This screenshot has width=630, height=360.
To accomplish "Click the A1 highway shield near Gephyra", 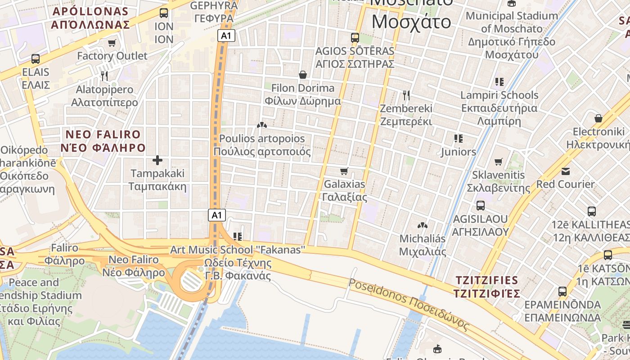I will click(x=226, y=36).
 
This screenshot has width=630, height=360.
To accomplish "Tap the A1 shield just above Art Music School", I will click(x=216, y=215).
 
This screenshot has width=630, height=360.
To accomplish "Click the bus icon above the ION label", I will click(x=164, y=13).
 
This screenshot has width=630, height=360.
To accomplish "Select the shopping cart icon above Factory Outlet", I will click(x=112, y=43).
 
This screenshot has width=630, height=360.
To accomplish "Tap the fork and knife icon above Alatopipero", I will click(x=104, y=76).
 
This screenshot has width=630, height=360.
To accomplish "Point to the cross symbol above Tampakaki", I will click(x=157, y=160).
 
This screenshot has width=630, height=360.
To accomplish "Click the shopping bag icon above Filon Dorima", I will click(x=303, y=74).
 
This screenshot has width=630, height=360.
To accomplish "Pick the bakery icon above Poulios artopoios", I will click(x=261, y=125).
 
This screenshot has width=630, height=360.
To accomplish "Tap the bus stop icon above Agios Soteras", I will click(x=355, y=37).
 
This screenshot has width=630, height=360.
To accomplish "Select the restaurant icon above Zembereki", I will click(x=406, y=95).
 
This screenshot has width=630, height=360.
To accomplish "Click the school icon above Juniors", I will click(x=459, y=139).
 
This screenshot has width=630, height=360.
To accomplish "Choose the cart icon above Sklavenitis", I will click(x=498, y=162).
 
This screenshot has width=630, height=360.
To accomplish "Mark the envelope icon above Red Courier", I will click(x=565, y=171).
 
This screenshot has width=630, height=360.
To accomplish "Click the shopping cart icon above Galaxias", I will click(x=344, y=171).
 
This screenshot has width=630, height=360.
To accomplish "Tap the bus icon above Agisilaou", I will click(x=481, y=206).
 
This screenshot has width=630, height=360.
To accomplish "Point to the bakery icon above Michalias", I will click(x=422, y=225).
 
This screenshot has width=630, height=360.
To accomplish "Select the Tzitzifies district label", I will click(x=486, y=287).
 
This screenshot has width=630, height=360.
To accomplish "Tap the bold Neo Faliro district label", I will click(x=103, y=141).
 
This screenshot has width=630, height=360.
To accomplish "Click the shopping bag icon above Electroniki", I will click(x=598, y=118).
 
